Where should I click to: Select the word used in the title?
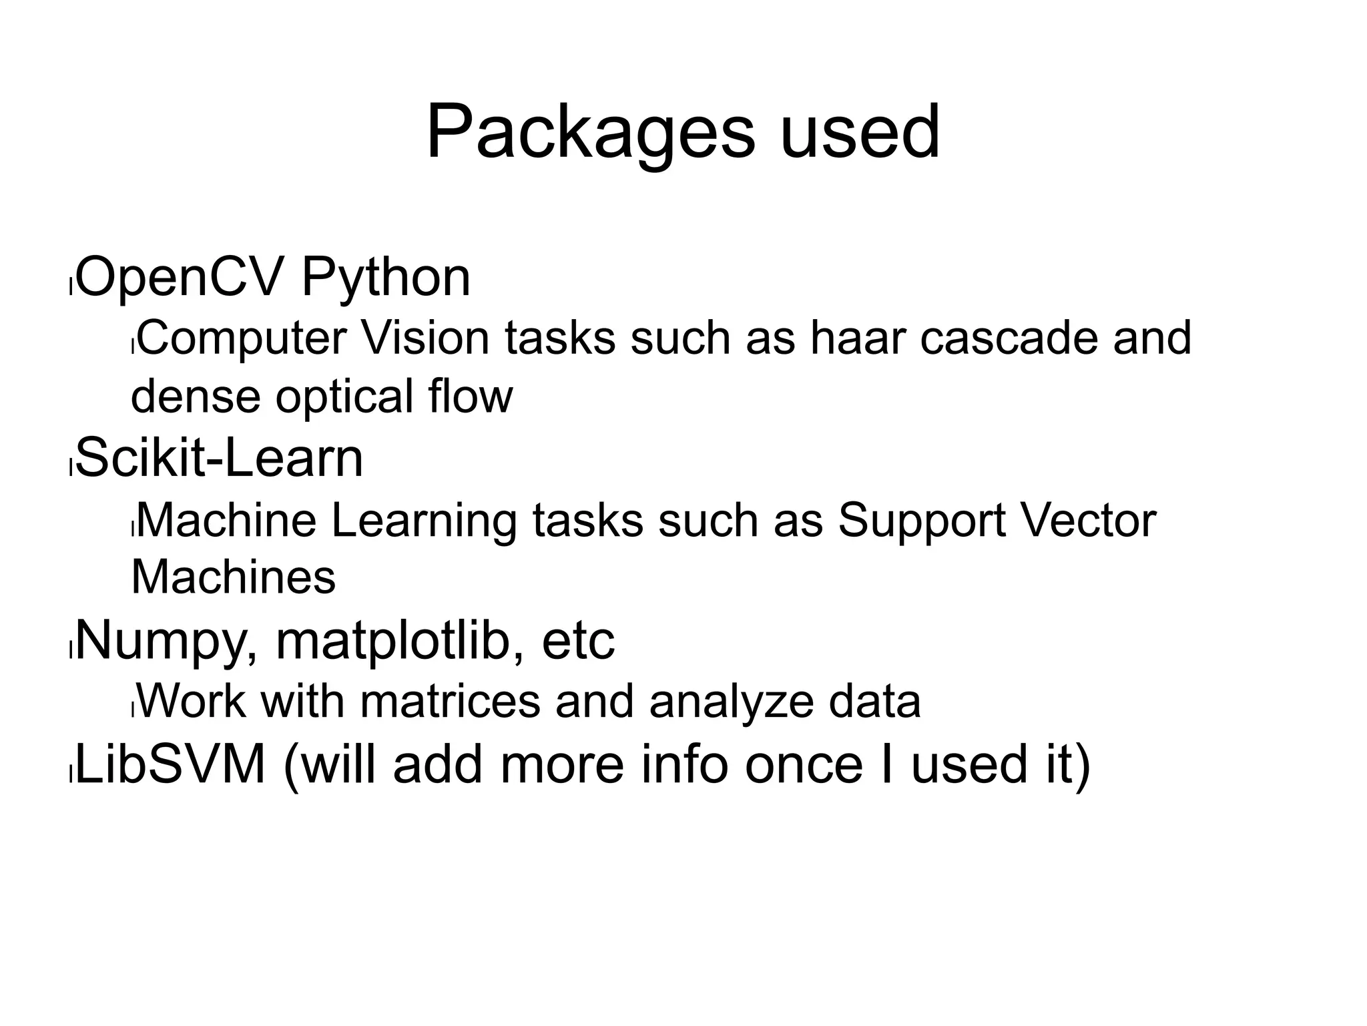[x=860, y=132]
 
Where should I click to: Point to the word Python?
[x=386, y=277]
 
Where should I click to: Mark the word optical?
[x=344, y=396]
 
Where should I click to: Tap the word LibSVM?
[x=171, y=764]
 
